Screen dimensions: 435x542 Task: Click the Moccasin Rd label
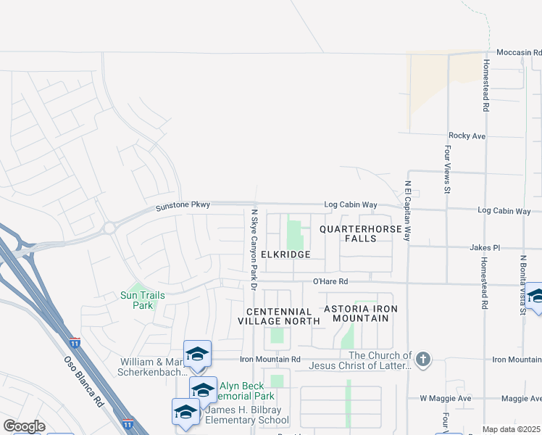[x=519, y=53]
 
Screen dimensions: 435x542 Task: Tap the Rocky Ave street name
[x=466, y=136]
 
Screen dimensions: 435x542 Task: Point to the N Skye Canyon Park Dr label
[x=254, y=250]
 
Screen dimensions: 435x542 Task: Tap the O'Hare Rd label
[x=330, y=281]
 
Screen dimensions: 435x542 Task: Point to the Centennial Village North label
[x=279, y=315]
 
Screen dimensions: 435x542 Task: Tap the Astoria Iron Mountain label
[x=362, y=314]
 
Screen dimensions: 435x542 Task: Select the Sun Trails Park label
[x=143, y=300]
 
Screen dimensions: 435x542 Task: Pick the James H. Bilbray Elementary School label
[x=247, y=415]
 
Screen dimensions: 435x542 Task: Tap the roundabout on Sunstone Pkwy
[x=109, y=228]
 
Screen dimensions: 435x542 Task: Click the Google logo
[x=24, y=426]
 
